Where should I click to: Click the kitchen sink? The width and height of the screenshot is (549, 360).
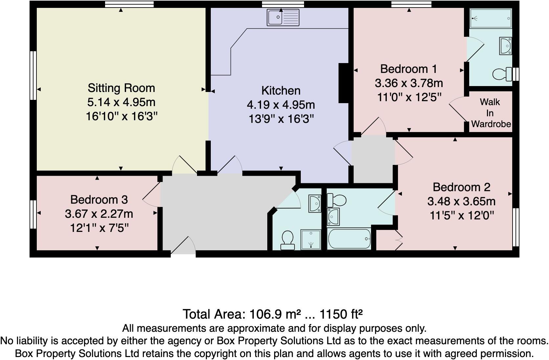tap(283, 17)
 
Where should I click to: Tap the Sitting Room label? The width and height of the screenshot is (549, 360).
tap(121, 88)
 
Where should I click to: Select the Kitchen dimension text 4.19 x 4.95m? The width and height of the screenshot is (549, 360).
tap(281, 105)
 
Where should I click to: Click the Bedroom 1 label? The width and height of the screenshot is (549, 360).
tap(408, 69)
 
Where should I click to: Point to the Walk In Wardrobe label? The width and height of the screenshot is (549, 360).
tap(491, 113)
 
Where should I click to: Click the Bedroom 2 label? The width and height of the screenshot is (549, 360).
tap(461, 187)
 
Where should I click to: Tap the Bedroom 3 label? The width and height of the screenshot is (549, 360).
tap(99, 200)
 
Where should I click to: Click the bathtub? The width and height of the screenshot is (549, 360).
tap(349, 239)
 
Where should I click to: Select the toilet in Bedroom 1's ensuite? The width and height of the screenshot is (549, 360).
tap(502, 74)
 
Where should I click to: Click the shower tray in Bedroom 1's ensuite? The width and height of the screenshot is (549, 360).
tap(491, 18)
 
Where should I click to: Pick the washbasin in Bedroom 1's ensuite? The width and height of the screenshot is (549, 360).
tap(505, 46)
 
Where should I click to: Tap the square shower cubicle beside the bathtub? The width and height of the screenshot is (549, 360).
tap(311, 239)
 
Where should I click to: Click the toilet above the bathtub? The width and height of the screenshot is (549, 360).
tap(337, 199)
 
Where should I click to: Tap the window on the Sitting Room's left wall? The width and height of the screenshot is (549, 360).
tap(33, 75)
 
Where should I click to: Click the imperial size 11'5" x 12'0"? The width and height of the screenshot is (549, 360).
tap(461, 216)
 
